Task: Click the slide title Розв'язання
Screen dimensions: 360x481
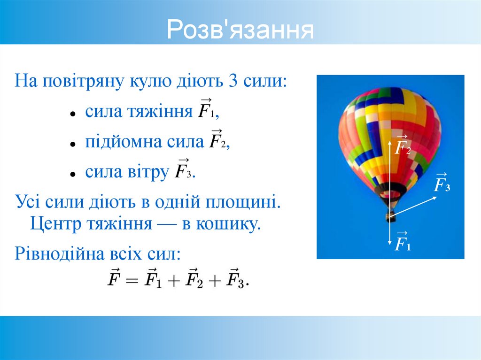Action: pyautogui.click(x=240, y=31)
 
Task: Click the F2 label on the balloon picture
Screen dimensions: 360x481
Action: pyautogui.click(x=402, y=146)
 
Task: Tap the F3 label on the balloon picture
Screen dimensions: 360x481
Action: pyautogui.click(x=441, y=184)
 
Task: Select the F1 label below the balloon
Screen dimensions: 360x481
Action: pyautogui.click(x=402, y=243)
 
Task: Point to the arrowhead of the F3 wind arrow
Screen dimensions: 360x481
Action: pyautogui.click(x=435, y=198)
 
